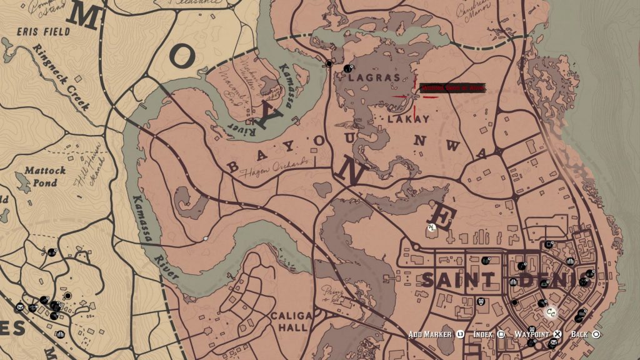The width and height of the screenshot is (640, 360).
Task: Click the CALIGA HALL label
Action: click(289, 321)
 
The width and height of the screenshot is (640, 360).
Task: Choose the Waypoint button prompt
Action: click(536, 334)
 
